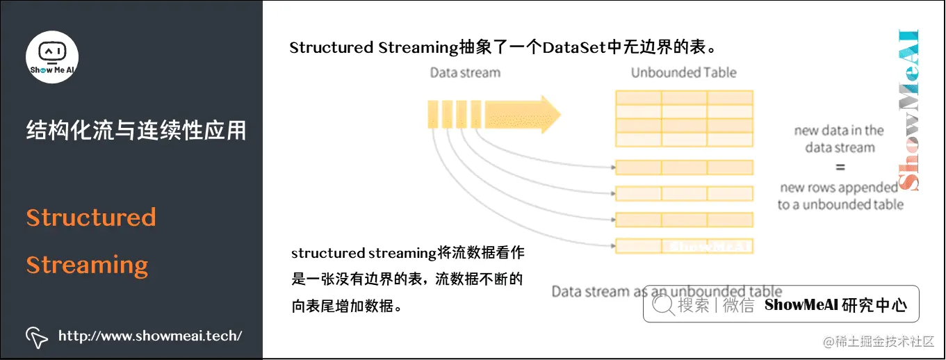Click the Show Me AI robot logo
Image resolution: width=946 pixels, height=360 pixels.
52,56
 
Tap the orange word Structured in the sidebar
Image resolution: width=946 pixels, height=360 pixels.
91,218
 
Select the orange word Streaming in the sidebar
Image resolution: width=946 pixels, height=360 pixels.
88,265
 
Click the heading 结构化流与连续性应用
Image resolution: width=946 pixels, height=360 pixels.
136,130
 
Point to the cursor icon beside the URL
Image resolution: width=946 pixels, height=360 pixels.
36,336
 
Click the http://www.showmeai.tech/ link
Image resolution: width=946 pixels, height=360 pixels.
150,336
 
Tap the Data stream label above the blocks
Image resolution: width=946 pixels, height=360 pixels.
464,72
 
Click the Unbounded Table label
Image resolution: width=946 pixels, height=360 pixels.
683,72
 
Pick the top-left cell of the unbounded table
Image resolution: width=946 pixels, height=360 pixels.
637,97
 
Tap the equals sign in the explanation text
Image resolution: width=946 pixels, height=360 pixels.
840,167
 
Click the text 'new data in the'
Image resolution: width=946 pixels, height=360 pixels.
839,130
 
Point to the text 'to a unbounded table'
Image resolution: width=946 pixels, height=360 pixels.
840,204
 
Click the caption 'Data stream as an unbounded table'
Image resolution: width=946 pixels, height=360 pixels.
666,291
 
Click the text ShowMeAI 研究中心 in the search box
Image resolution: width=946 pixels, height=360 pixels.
835,305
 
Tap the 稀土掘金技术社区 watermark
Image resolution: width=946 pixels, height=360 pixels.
879,342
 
